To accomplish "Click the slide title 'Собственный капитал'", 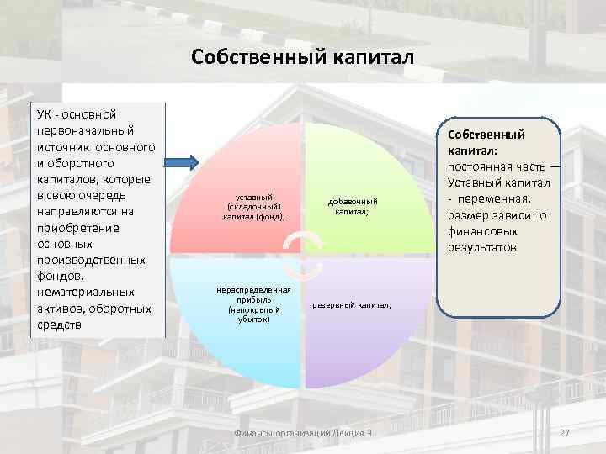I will point(302,56).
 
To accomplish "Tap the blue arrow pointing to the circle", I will point(181,161).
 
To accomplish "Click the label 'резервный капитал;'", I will point(352,305).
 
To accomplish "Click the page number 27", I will point(565,432).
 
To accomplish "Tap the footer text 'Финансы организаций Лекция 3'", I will point(302,432).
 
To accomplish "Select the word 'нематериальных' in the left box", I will point(85,293).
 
